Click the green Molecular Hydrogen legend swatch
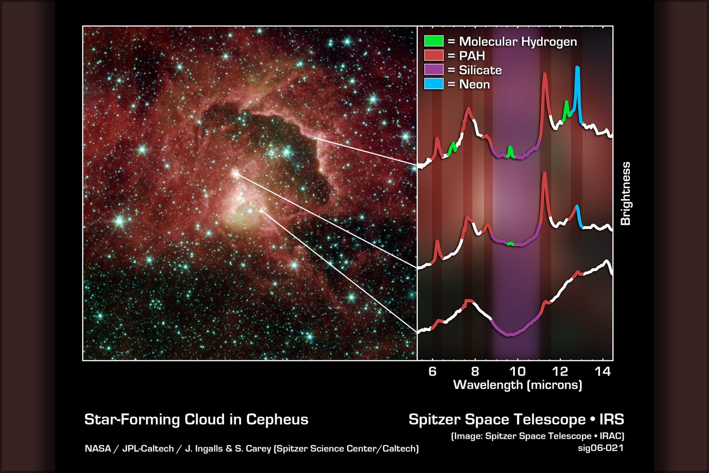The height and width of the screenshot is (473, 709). click(x=433, y=41)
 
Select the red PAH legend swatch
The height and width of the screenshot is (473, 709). click(x=433, y=55)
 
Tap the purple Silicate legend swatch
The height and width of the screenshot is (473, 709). click(x=433, y=69)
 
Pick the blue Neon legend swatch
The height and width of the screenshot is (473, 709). click(x=433, y=84)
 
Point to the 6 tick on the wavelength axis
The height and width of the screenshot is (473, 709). click(x=432, y=371)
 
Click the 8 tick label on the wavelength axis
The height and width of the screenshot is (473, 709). click(x=475, y=371)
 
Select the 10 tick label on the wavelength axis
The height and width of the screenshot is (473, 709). click(x=517, y=371)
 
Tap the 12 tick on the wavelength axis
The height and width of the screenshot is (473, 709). click(x=560, y=371)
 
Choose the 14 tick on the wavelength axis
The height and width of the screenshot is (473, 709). click(x=603, y=371)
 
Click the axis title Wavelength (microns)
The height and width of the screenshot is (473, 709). click(x=517, y=385)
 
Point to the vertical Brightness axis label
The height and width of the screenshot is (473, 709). click(x=625, y=193)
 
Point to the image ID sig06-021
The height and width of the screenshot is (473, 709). click(x=601, y=448)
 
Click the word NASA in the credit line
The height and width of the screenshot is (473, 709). click(x=98, y=448)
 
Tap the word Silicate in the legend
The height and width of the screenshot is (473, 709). click(x=480, y=70)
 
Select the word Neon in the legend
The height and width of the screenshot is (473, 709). click(x=474, y=84)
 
